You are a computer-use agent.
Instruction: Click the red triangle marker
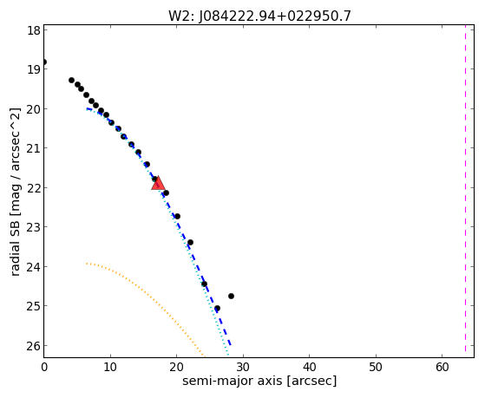pos(158,183)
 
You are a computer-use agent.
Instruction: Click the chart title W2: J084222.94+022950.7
pos(259,16)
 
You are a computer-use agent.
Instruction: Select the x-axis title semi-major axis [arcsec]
pos(259,381)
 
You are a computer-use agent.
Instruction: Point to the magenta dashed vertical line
pos(465,191)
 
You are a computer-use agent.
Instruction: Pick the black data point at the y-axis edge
pos(44,62)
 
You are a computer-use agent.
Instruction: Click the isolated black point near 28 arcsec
pos(231,296)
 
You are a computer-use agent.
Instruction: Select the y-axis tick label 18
pos(33,30)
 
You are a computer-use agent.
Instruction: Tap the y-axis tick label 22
pos(33,188)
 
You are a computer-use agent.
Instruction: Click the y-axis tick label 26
pos(33,346)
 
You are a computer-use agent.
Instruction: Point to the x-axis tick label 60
pos(442,367)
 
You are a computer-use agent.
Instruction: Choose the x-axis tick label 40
pos(310,367)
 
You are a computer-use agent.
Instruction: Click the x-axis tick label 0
pos(44,367)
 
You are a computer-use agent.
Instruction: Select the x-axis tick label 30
pos(244,367)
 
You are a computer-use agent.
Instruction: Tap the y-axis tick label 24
pos(33,266)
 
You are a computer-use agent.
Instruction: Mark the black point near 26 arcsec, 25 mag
pos(217,309)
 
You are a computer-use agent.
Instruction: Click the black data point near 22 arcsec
pos(191,242)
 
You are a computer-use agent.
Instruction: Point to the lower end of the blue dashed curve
pos(231,345)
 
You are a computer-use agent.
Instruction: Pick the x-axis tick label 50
pos(376,367)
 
